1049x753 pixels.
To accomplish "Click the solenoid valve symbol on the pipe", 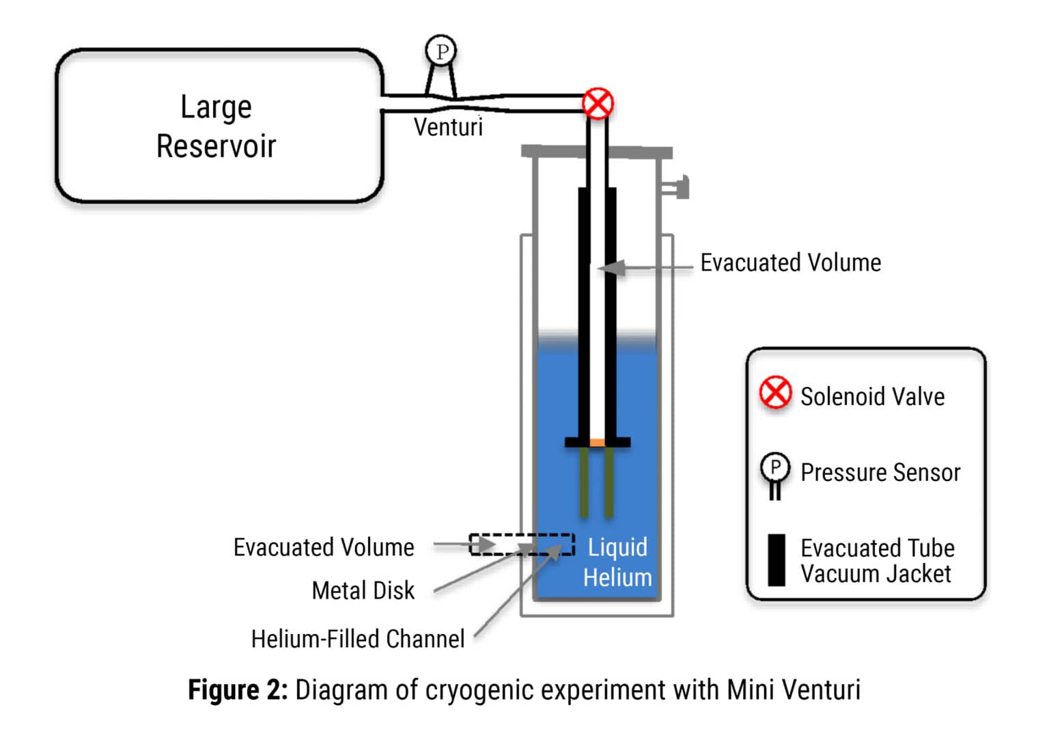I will [x=598, y=104].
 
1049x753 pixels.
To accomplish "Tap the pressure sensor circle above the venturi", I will [x=440, y=51].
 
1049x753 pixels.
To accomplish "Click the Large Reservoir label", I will [x=216, y=126].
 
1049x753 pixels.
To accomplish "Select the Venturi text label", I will [x=448, y=127].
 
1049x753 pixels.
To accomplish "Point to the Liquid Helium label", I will [x=617, y=562].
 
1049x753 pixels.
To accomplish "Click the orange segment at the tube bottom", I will [x=598, y=443].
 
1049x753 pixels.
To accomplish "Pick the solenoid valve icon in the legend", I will [x=775, y=393].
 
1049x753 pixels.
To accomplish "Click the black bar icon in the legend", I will [x=777, y=560].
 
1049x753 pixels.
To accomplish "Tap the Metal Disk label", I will [x=363, y=590].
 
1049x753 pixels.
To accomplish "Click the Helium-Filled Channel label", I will [x=358, y=639].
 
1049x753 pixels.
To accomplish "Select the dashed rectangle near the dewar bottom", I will [x=522, y=545].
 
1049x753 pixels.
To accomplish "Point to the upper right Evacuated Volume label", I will [x=790, y=263].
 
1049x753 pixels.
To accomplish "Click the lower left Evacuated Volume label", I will [x=324, y=547].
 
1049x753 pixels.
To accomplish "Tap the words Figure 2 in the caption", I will [x=237, y=690].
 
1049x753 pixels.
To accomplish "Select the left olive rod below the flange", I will [x=585, y=482].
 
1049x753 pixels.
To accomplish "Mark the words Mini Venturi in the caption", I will [x=793, y=690].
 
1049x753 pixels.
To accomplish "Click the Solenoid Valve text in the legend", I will [x=872, y=397].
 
